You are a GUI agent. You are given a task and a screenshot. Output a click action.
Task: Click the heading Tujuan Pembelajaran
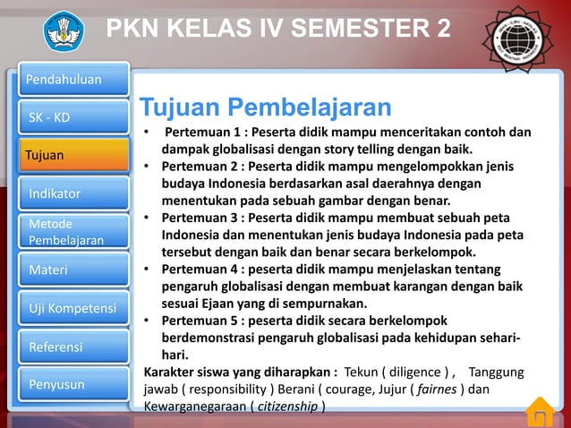tap(265, 108)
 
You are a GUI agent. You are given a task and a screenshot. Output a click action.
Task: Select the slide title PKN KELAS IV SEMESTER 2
tap(278, 29)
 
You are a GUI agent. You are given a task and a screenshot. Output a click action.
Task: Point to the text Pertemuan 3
tap(200, 218)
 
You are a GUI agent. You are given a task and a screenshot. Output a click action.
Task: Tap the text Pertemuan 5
tap(200, 321)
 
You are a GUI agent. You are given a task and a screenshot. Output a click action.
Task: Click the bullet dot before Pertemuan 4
tap(149, 270)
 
